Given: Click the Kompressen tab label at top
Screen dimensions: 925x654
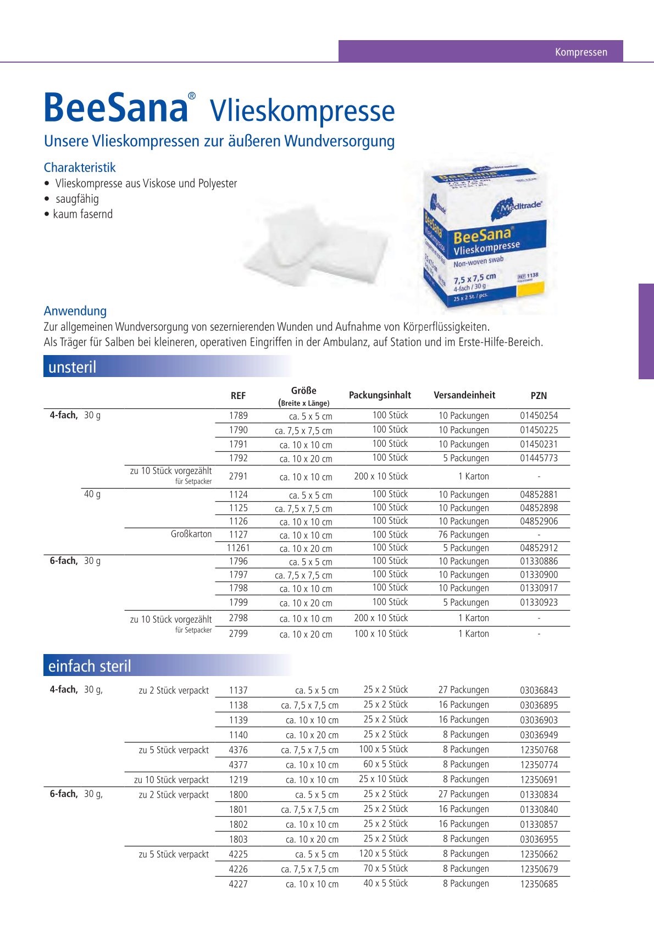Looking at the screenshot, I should coord(581,52).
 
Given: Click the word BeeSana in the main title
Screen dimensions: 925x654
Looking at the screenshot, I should coord(116,108).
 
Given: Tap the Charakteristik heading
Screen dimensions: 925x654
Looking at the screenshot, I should coord(80,168).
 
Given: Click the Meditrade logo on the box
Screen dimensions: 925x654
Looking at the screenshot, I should coord(520,207).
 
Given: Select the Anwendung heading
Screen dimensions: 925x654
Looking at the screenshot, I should coord(75,311).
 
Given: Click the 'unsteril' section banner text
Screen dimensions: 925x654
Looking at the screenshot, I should coord(72,367).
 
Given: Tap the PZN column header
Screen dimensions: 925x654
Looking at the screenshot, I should coord(539,396).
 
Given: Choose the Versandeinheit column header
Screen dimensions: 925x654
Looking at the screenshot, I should coord(464,395).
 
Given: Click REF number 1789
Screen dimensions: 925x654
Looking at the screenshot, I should coord(239,416).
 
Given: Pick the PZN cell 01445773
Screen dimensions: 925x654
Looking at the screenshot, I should coord(539,458).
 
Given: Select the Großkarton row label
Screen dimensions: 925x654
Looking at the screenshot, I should coord(191,534).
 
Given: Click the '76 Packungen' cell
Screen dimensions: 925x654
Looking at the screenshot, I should coord(463,535).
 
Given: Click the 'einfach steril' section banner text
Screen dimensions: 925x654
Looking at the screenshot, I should coord(90,666).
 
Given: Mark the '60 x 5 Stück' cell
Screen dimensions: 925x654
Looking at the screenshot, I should coord(385,765).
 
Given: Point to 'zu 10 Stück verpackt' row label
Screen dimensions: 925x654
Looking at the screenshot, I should coord(171,780).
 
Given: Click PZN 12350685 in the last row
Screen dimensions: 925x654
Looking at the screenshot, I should coord(539,884).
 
